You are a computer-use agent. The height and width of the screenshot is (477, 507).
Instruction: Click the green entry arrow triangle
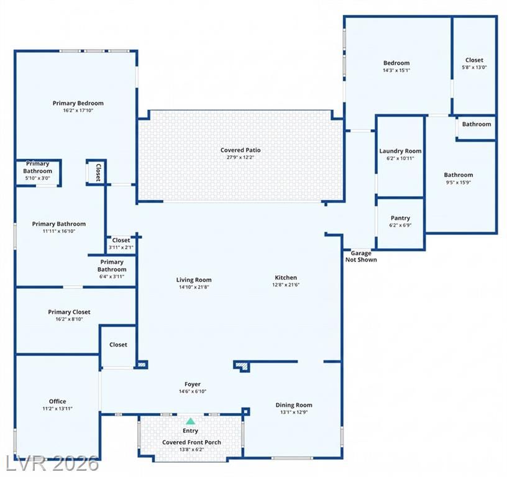(191, 421)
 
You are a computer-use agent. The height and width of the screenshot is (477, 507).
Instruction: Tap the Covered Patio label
(240, 150)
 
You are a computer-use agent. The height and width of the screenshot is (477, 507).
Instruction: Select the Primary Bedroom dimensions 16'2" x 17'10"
(78, 111)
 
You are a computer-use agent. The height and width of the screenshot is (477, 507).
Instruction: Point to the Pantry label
(400, 218)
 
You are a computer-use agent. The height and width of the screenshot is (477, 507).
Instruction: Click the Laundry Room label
(400, 151)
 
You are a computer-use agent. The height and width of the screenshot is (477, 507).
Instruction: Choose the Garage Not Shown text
(361, 257)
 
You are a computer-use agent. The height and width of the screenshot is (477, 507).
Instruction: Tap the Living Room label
(194, 280)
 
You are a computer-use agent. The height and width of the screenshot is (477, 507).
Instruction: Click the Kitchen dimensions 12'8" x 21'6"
(286, 284)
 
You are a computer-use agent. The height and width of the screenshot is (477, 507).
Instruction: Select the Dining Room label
(294, 405)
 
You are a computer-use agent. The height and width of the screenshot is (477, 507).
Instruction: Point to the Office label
(58, 401)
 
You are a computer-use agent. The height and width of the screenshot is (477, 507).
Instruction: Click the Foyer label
(193, 384)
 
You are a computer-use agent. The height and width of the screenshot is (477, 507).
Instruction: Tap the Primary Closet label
(69, 312)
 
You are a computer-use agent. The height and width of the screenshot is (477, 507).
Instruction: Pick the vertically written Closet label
(98, 172)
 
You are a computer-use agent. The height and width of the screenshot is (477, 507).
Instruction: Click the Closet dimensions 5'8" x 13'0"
(474, 68)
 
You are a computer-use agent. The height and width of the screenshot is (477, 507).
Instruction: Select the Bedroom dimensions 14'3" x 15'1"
(396, 70)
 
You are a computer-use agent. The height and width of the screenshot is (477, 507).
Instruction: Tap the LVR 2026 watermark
(52, 464)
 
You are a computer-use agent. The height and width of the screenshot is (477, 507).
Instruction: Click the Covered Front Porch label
(192, 442)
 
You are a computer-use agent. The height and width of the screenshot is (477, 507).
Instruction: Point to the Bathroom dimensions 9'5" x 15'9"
(459, 182)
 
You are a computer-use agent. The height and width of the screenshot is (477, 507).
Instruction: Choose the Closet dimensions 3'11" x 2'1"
(121, 248)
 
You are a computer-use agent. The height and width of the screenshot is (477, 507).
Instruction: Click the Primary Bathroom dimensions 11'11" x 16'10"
(59, 231)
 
